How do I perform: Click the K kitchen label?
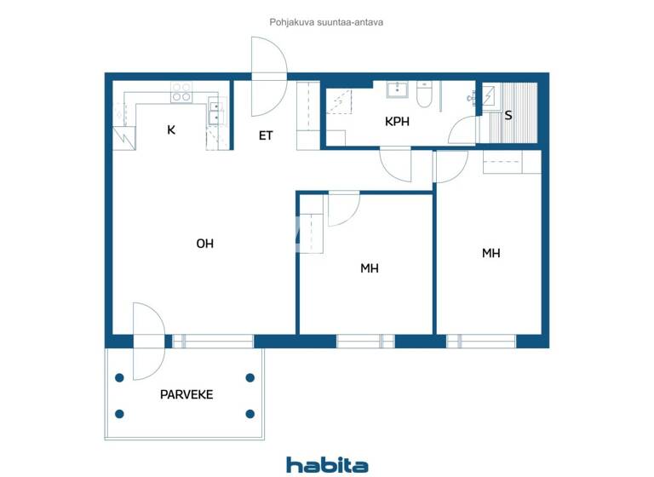171,130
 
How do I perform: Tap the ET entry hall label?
266,135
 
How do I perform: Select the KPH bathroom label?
397,122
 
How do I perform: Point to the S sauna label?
508,115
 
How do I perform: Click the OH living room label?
204,244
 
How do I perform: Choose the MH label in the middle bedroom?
369,268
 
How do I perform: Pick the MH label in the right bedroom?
490,253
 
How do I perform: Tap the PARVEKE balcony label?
186,394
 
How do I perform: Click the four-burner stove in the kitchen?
181,92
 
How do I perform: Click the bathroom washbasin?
397,89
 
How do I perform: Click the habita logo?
327,465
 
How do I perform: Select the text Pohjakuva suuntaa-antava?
327,22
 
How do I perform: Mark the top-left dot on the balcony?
120,377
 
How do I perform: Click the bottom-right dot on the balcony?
250,414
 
